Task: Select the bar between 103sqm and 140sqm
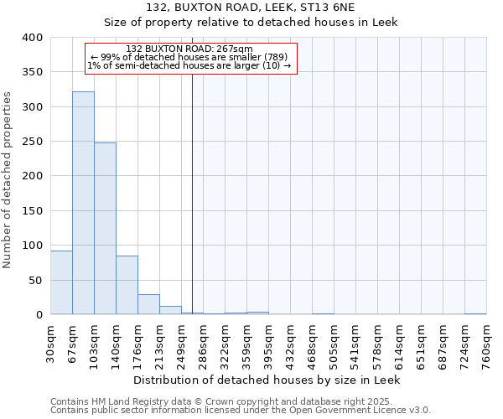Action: [105, 229]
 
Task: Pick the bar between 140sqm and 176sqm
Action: [127, 285]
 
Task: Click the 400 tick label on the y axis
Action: [32, 38]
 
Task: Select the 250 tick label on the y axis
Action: [32, 142]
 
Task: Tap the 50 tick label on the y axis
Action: [35, 280]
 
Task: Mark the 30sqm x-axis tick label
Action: [50, 344]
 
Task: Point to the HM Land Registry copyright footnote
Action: [239, 401]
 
